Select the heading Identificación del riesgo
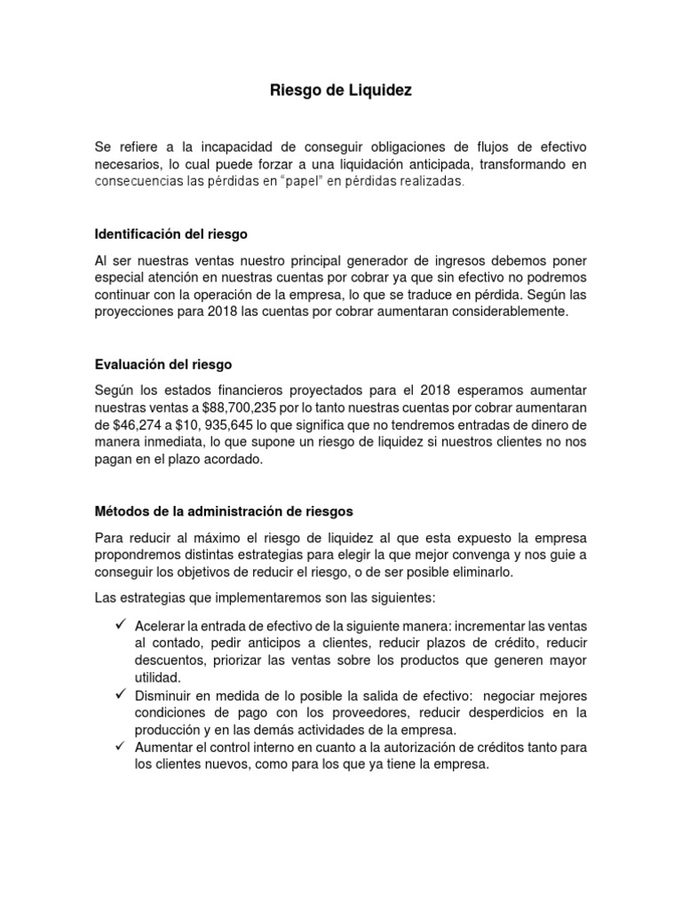pyautogui.click(x=171, y=234)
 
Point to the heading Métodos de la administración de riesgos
pyautogui.click(x=224, y=511)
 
